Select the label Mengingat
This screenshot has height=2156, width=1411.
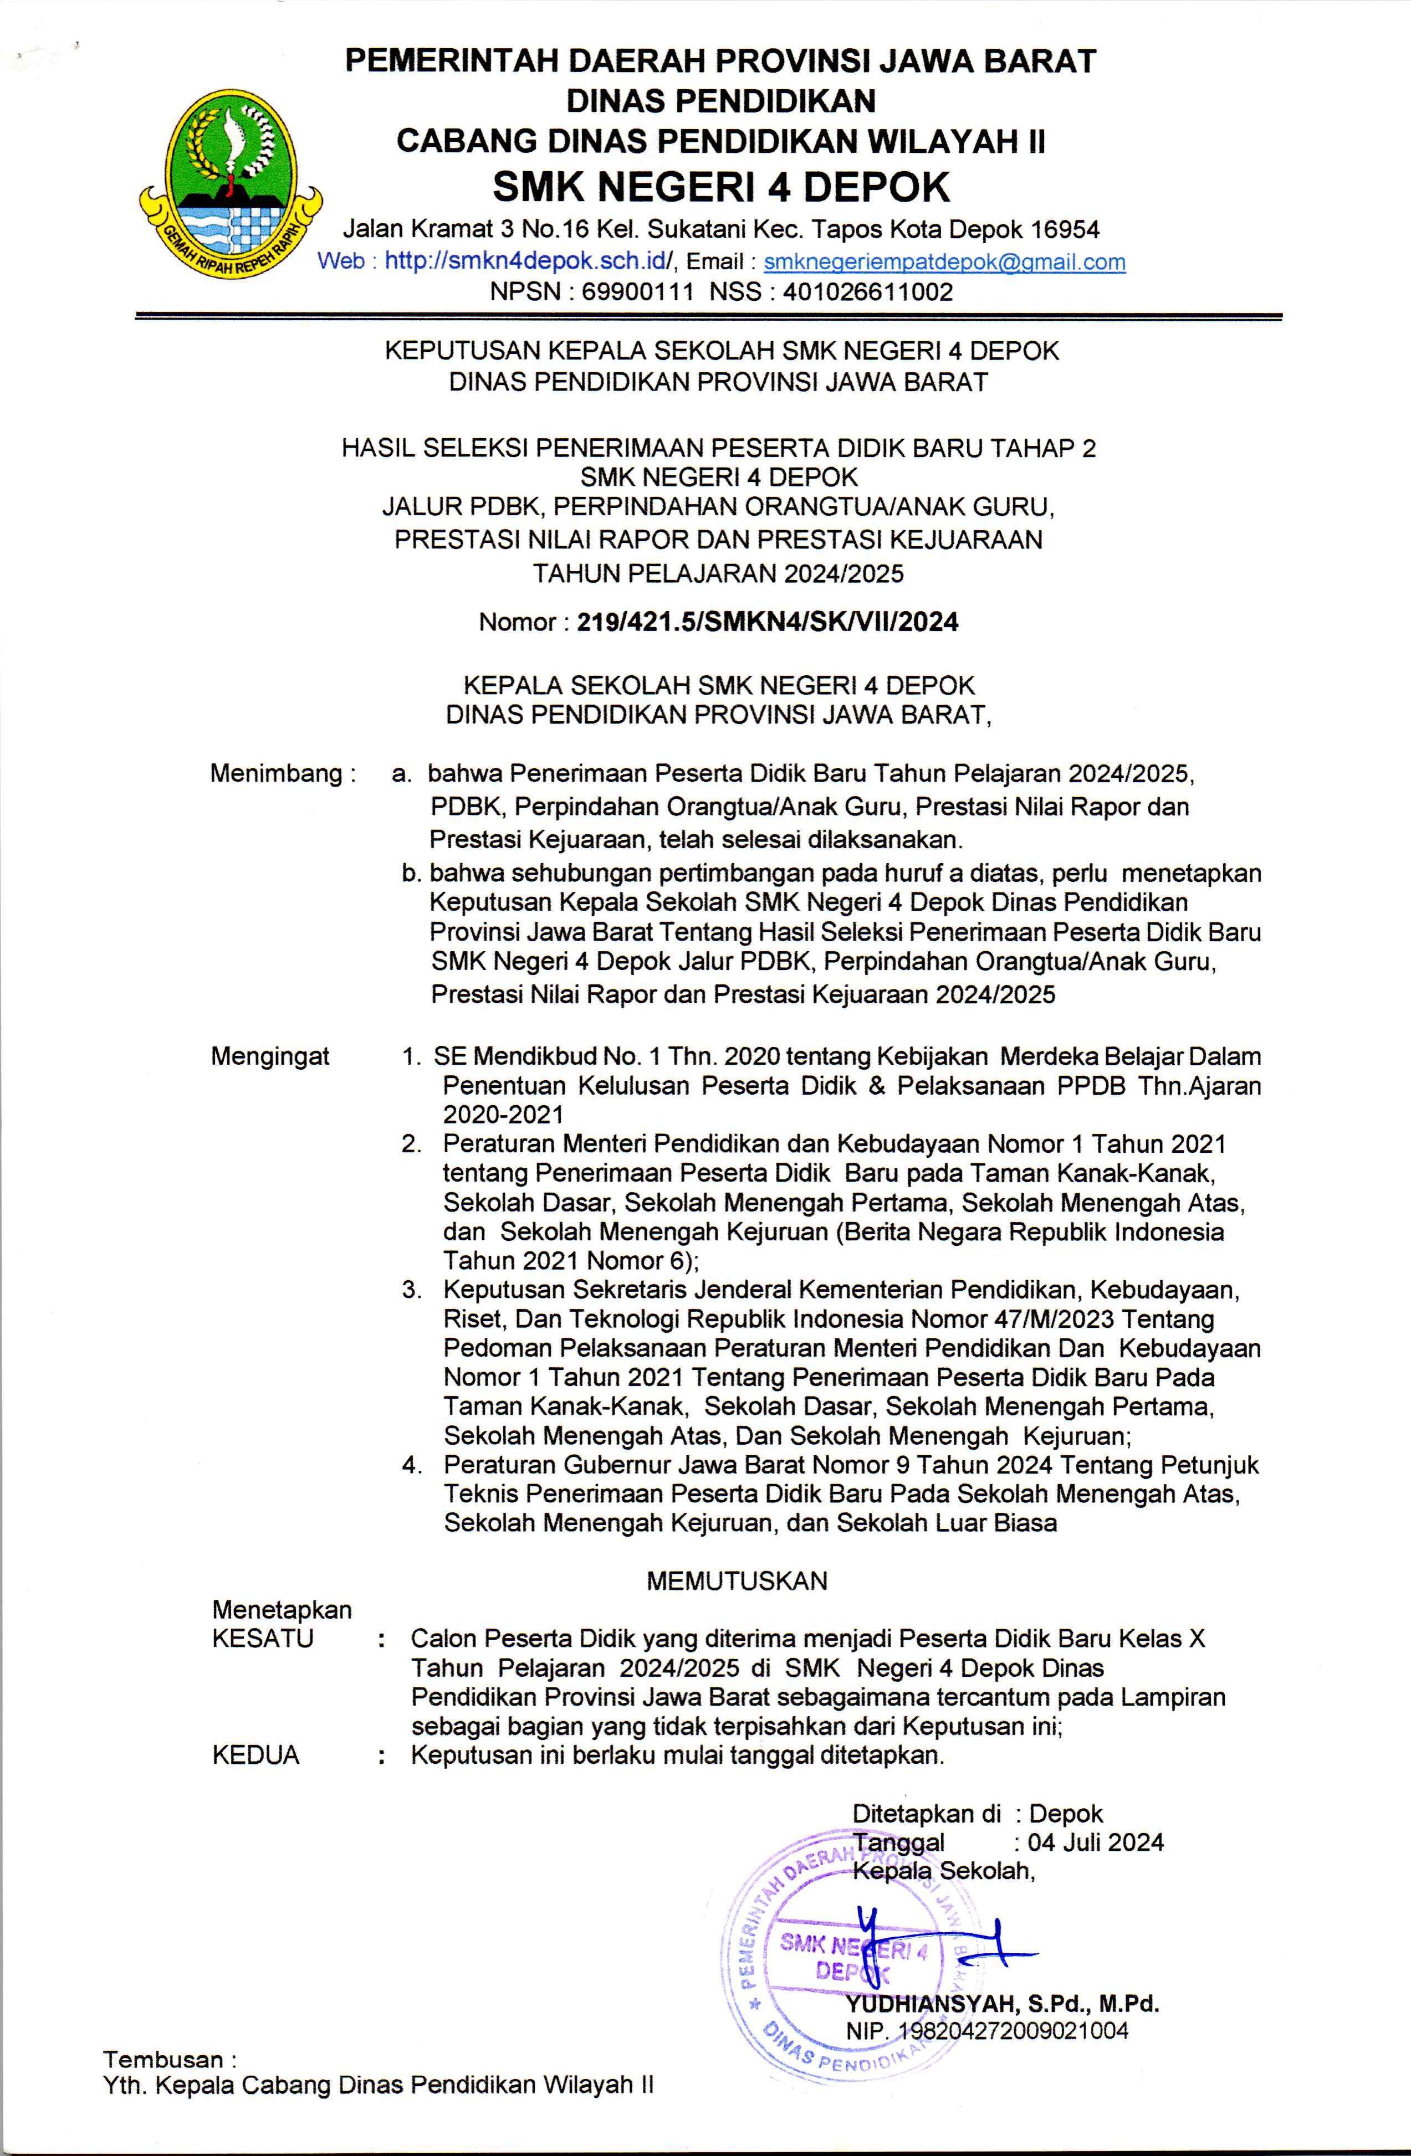tap(270, 1056)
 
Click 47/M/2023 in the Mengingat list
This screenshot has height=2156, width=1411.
tap(1051, 1319)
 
